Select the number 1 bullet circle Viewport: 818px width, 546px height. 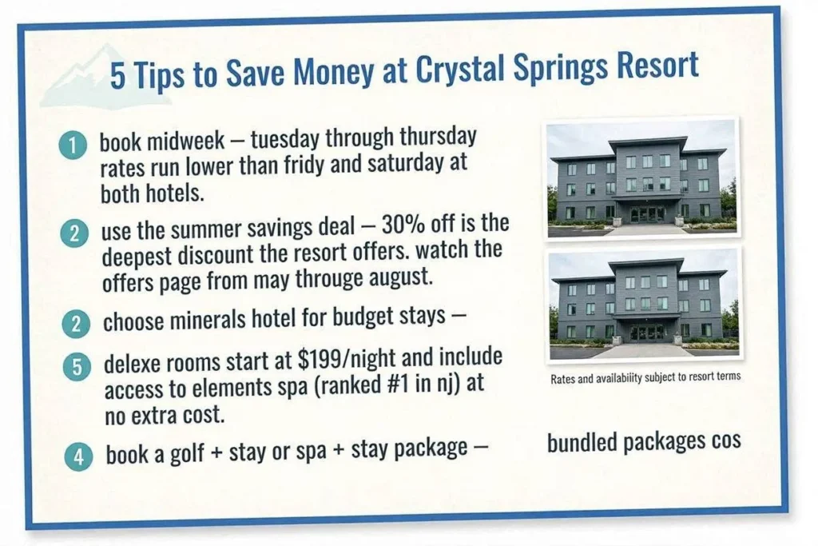pyautogui.click(x=73, y=145)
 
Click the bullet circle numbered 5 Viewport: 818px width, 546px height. pyautogui.click(x=77, y=367)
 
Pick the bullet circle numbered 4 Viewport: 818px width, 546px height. pyautogui.click(x=79, y=456)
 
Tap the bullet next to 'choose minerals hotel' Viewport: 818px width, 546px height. pyautogui.click(x=76, y=324)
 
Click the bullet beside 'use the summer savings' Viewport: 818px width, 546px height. pyautogui.click(x=74, y=233)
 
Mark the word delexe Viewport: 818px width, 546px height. pyautogui.click(x=133, y=363)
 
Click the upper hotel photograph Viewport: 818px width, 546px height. pyautogui.click(x=641, y=178)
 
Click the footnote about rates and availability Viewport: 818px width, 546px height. pyautogui.click(x=645, y=377)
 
